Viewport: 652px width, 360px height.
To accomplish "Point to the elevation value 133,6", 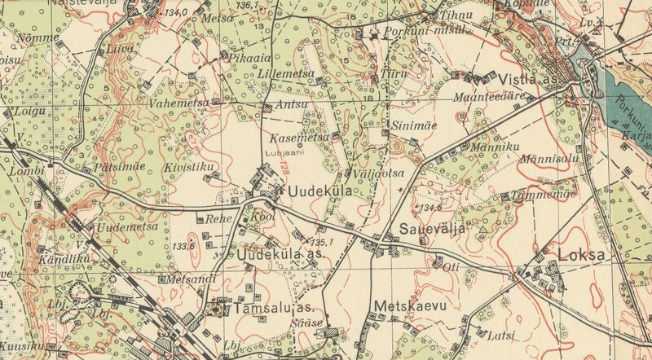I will pos(183,246).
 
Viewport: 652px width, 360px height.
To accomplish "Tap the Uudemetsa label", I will pos(127,226).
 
